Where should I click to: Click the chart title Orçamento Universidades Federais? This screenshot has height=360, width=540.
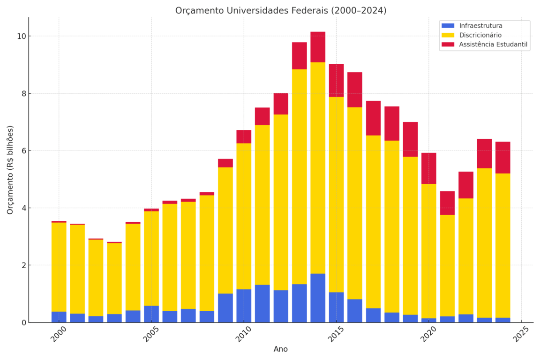tap(281, 10)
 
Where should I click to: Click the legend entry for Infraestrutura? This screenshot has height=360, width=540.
tap(480, 26)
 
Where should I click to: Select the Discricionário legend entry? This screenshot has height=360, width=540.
tap(480, 35)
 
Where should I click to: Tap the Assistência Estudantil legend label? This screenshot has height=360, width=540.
tap(493, 45)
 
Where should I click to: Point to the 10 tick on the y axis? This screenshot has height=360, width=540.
tap(21, 36)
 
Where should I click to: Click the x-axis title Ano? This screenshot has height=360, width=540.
tap(281, 349)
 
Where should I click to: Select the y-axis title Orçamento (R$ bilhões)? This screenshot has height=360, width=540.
tap(10, 170)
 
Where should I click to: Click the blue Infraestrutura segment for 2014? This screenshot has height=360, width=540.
tap(318, 298)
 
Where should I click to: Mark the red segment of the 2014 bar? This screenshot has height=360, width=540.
tap(318, 47)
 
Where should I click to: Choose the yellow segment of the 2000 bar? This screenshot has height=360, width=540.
tap(59, 267)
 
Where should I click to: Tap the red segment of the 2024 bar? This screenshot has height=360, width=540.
tap(503, 157)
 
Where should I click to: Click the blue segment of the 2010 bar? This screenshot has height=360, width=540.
tap(244, 306)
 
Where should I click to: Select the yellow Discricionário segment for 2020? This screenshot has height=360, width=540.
tap(429, 251)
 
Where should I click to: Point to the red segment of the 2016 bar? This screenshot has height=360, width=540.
tap(355, 90)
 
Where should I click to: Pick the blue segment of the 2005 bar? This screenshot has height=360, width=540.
tap(151, 314)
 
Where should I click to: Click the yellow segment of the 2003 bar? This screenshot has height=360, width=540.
tap(114, 278)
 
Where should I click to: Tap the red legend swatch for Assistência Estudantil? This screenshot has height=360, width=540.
tap(448, 45)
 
